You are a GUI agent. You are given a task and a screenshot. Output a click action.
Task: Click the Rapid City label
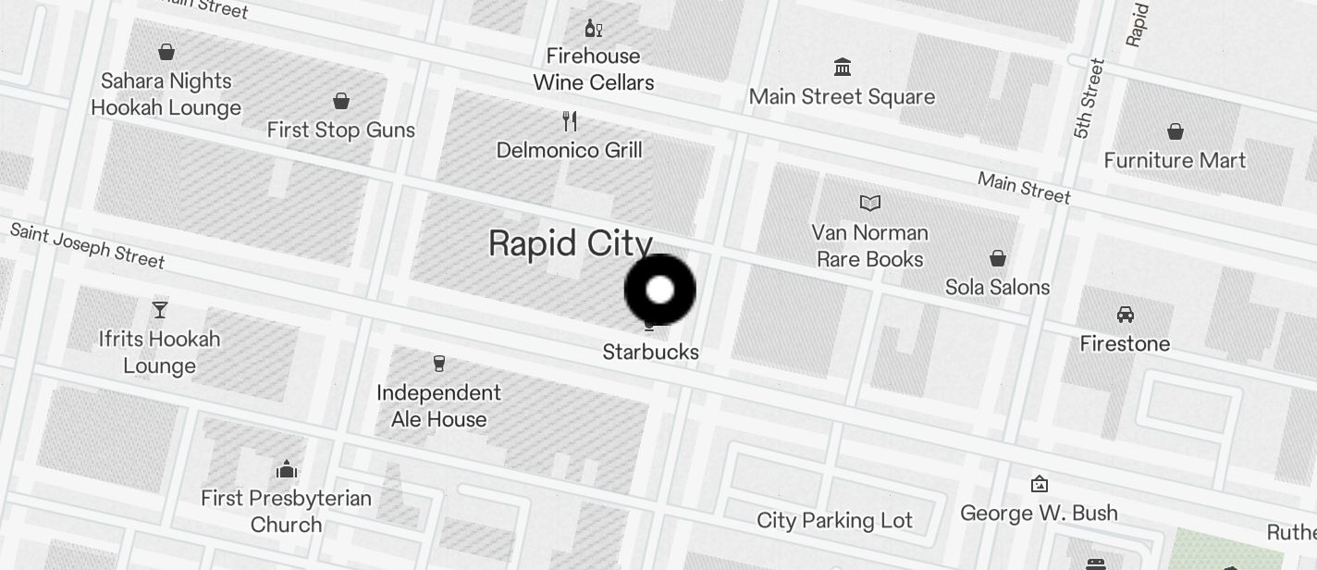(x=571, y=243)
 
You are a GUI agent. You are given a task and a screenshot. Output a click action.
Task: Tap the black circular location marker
(x=660, y=290)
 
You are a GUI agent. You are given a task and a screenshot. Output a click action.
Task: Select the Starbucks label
(x=650, y=352)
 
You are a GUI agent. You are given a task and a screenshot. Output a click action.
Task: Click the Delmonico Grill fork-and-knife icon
(x=570, y=121)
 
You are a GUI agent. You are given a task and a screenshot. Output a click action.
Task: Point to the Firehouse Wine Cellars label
(x=594, y=69)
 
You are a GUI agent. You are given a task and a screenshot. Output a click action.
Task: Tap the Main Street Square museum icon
(x=843, y=68)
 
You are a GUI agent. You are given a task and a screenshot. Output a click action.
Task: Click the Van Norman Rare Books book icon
(x=870, y=203)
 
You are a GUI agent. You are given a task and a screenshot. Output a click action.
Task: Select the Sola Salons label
(x=997, y=287)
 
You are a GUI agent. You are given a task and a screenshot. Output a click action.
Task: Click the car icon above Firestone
(x=1126, y=315)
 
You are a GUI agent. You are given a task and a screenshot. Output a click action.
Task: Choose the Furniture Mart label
(x=1175, y=160)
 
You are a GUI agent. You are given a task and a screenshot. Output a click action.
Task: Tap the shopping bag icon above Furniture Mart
(x=1175, y=131)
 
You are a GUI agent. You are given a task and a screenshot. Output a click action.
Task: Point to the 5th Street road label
(x=1089, y=98)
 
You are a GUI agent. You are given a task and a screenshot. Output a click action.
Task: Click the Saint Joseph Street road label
(x=88, y=245)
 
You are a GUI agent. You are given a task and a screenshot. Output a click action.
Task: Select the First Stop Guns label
(x=340, y=130)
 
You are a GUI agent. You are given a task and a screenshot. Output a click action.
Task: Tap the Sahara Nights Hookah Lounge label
(x=166, y=94)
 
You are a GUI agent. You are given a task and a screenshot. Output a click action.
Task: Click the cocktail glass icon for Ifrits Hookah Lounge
(x=160, y=309)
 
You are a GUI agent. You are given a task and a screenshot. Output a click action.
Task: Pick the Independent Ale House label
(x=438, y=406)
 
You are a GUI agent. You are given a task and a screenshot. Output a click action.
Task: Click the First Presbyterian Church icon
(x=287, y=469)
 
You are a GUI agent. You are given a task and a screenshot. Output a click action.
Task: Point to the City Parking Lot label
(x=834, y=520)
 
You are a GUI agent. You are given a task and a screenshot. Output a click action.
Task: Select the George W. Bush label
(x=1039, y=513)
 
